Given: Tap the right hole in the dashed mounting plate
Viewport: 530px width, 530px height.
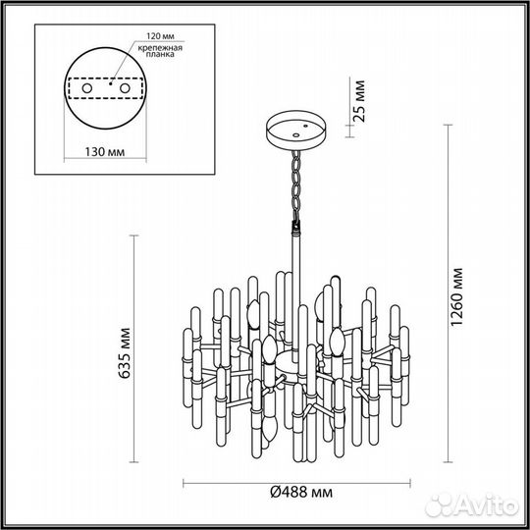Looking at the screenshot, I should coord(128,88).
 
